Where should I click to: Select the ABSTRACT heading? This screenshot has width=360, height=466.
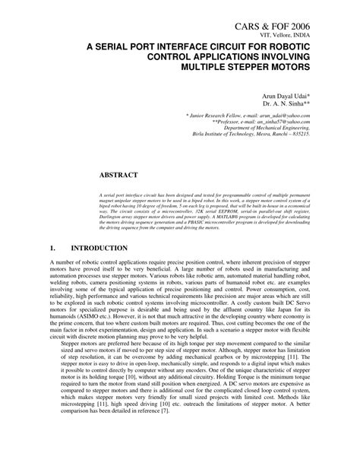point(123,175)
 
